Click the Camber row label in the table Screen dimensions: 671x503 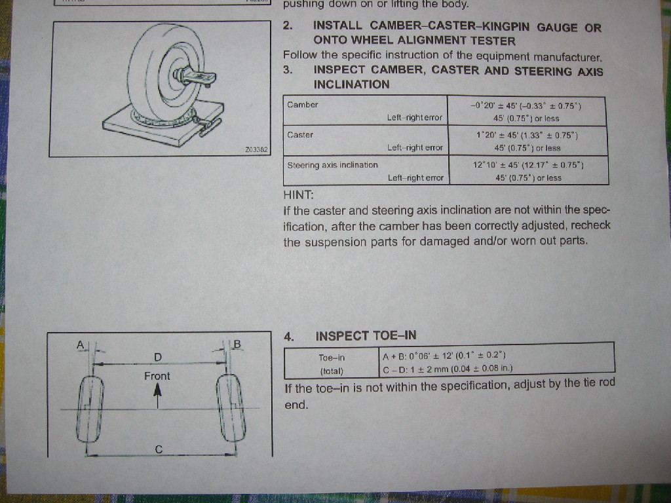tap(303, 105)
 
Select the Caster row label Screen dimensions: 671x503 tap(300, 135)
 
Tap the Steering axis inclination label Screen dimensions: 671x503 tap(332, 164)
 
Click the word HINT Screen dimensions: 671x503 tap(298, 195)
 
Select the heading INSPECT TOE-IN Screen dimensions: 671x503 tap(366, 336)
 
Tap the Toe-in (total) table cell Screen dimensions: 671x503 tap(332, 364)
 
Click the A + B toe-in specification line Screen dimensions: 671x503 tap(444, 356)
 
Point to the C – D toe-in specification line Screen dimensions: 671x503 tap(448, 368)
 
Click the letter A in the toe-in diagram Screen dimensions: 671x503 tap(81, 345)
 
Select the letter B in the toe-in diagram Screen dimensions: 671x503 tap(237, 345)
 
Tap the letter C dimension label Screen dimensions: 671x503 tap(159, 449)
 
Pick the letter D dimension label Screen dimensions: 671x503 tap(158, 357)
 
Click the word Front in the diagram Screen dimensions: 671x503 tap(157, 376)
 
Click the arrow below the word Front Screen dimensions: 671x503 tap(157, 396)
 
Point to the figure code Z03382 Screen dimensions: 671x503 tap(256, 150)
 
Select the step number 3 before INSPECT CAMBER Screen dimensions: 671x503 tap(288, 69)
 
